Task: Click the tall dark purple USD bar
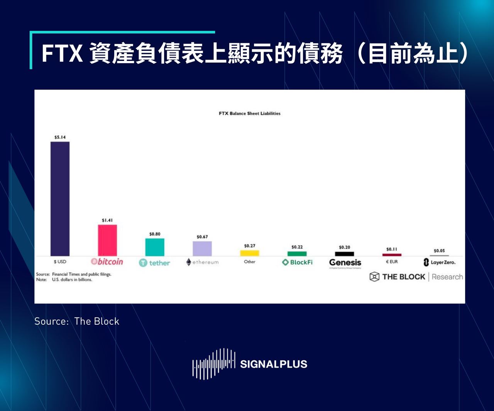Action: pyautogui.click(x=60, y=198)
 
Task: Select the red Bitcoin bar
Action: pyautogui.click(x=107, y=240)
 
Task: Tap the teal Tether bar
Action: pyautogui.click(x=155, y=247)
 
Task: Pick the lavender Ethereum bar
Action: pyautogui.click(x=202, y=248)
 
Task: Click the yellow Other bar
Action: pyautogui.click(x=250, y=253)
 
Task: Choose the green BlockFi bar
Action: pyautogui.click(x=297, y=253)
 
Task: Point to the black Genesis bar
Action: pyautogui.click(x=345, y=254)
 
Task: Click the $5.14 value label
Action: pyautogui.click(x=60, y=137)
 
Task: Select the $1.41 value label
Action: pyautogui.click(x=107, y=220)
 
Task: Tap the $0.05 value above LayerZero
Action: pyautogui.click(x=439, y=251)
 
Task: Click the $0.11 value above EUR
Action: pyautogui.click(x=392, y=249)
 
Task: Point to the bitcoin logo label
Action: pyautogui.click(x=107, y=262)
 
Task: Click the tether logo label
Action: pyautogui.click(x=154, y=263)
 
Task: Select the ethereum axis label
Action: pyautogui.click(x=202, y=262)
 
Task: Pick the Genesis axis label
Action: pyautogui.click(x=345, y=263)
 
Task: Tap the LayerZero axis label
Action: pyautogui.click(x=439, y=262)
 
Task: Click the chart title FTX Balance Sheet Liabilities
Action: pyautogui.click(x=250, y=114)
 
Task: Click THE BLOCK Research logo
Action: pyautogui.click(x=416, y=277)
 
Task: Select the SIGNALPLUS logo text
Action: pyautogui.click(x=274, y=364)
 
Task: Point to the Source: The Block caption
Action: pyautogui.click(x=77, y=321)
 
